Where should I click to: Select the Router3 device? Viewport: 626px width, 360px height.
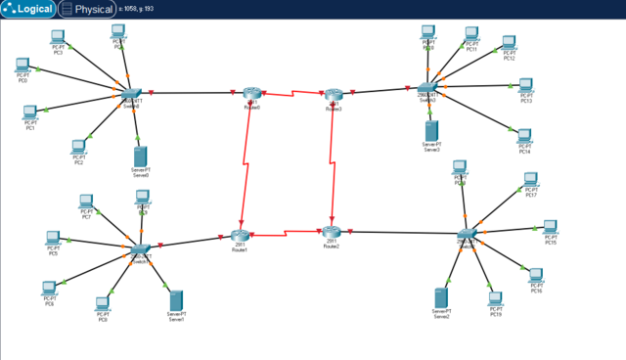click(335, 95)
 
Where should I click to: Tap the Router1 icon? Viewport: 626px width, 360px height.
click(241, 236)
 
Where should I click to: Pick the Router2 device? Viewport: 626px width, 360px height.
click(331, 232)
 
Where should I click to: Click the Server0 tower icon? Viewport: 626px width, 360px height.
click(141, 156)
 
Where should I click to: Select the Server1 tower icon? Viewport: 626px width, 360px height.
click(176, 299)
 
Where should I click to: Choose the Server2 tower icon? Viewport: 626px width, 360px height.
click(441, 297)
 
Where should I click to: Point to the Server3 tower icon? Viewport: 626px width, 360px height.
click(431, 130)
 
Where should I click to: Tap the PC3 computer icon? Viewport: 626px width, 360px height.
click(58, 37)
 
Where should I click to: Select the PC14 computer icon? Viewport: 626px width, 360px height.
click(524, 136)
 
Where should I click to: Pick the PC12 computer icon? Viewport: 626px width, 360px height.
click(509, 43)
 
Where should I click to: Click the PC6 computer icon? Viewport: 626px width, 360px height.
click(49, 289)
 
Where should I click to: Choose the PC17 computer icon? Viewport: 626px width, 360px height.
click(531, 180)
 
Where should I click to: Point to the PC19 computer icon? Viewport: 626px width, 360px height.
click(496, 298)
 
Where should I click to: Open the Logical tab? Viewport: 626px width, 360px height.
click(28, 9)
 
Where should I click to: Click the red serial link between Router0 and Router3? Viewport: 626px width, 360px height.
click(293, 94)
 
